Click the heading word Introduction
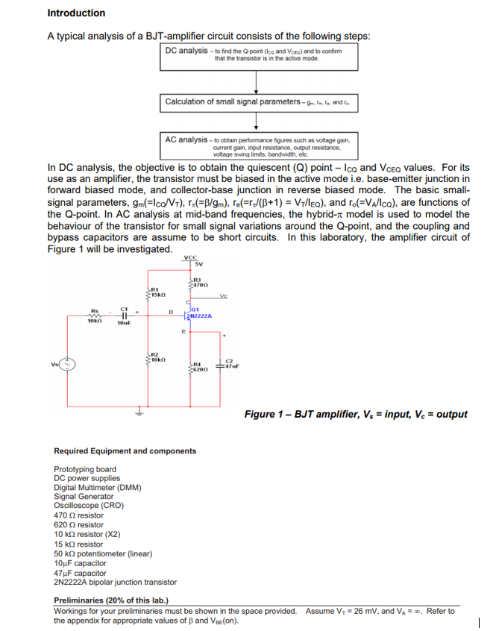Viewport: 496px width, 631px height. [76, 13]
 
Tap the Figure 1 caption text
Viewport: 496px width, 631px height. [356, 414]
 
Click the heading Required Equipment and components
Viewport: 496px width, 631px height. [125, 451]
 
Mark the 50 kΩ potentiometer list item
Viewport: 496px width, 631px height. [103, 554]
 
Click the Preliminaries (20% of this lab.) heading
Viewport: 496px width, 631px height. [111, 600]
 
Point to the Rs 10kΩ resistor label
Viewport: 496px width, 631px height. [95, 317]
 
